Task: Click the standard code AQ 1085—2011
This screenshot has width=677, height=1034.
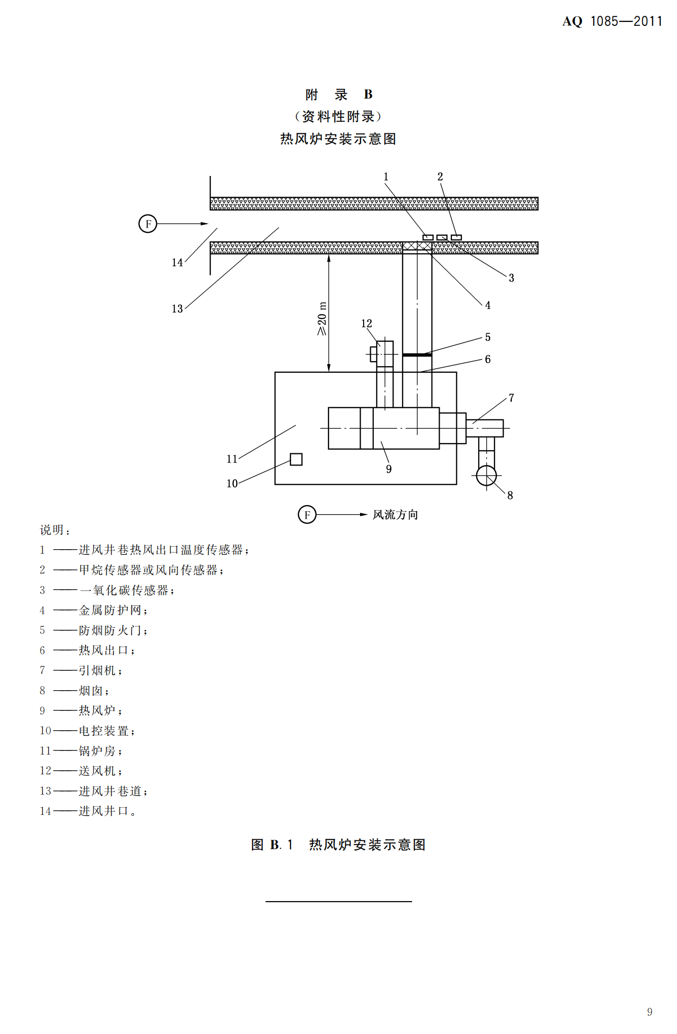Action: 612,21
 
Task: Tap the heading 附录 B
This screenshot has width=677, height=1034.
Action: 338,94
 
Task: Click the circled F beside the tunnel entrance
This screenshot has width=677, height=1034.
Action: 148,224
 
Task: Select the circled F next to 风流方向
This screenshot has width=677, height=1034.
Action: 307,515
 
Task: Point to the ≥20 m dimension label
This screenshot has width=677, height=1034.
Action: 322,318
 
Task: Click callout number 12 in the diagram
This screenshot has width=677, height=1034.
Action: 367,324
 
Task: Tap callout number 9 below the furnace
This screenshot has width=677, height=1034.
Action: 388,469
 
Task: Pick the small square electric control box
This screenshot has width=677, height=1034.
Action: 296,459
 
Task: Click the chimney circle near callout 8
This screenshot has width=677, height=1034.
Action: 486,475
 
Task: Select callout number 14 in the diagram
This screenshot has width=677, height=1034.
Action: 177,263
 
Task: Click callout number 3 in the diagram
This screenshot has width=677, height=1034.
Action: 511,278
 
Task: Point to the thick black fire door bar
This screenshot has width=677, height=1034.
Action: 417,355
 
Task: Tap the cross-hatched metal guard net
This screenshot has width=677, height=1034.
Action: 417,246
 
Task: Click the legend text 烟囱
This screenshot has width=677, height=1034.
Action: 91,691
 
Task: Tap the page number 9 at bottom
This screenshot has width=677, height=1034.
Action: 650,1012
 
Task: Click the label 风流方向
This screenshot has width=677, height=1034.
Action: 396,515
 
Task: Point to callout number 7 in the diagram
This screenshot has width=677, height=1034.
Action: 511,398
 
